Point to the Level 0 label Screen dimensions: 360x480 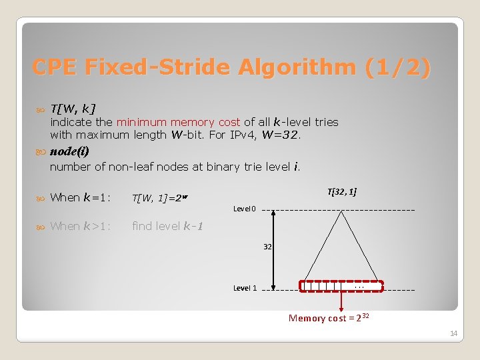click(x=245, y=209)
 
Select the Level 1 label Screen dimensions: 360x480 click(x=245, y=288)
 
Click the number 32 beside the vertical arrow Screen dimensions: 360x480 click(x=267, y=247)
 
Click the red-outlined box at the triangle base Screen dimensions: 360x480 click(x=342, y=287)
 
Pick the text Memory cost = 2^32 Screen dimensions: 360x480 click(x=329, y=318)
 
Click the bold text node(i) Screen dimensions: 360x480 click(x=69, y=151)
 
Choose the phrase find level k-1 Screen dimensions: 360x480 click(x=167, y=226)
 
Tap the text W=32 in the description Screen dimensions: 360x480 click(x=284, y=135)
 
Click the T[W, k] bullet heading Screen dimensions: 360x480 click(x=73, y=108)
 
